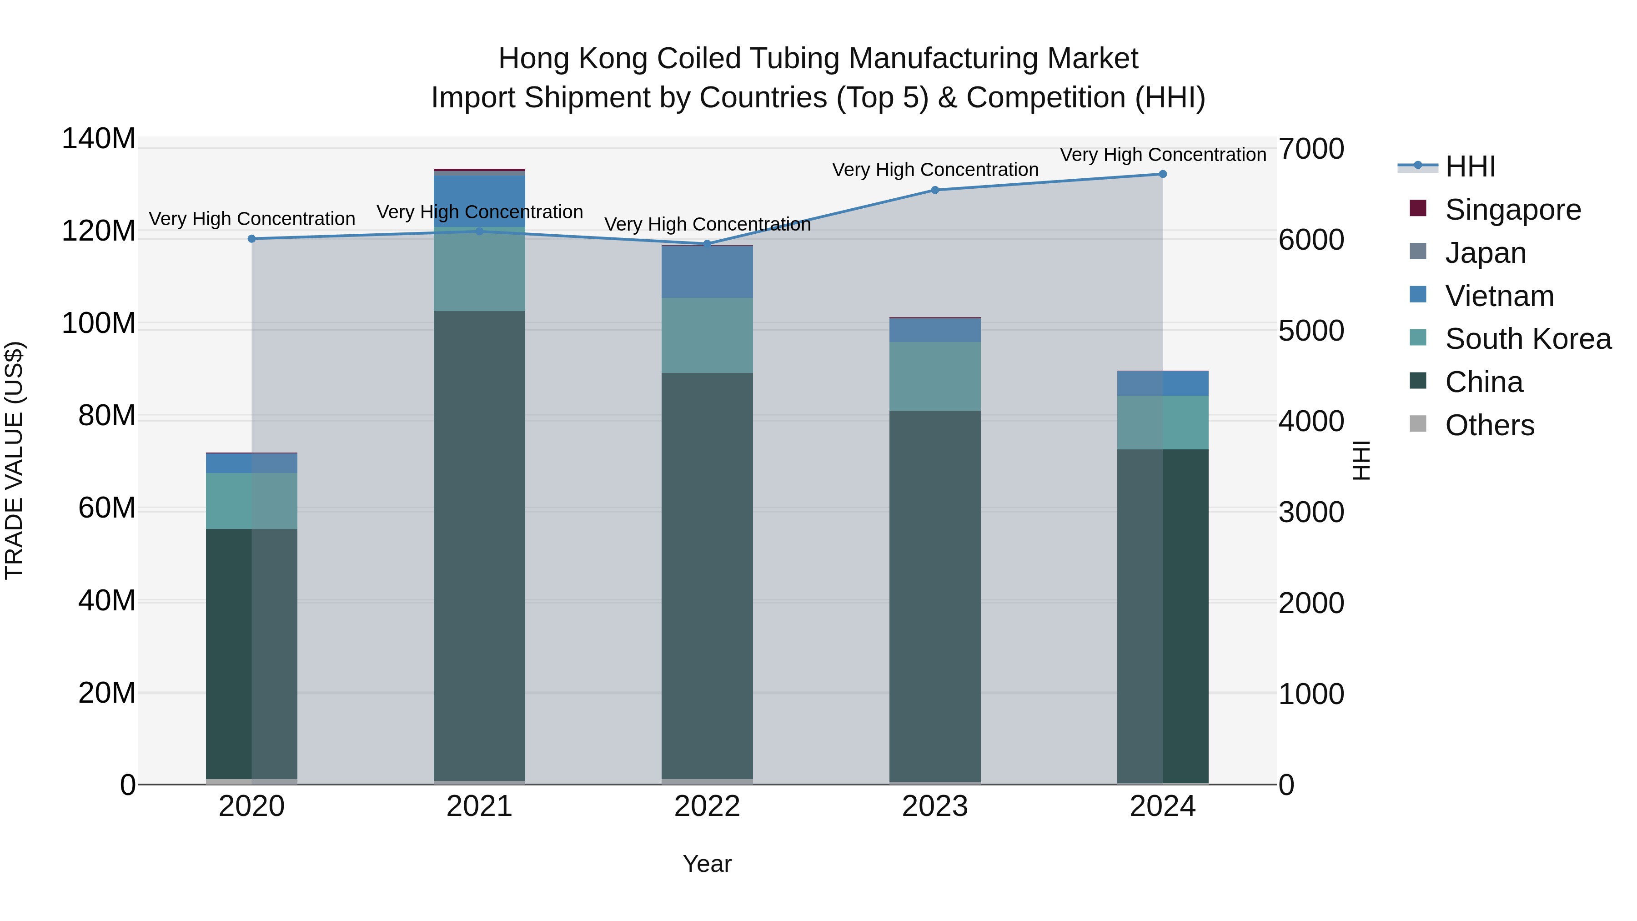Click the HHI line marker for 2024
[x=1162, y=174]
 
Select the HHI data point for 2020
[x=251, y=239]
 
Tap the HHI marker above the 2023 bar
[x=935, y=190]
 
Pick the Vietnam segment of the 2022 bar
[x=707, y=272]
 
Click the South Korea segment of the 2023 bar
[x=935, y=376]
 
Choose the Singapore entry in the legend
[x=1512, y=210]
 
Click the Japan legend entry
[x=1485, y=253]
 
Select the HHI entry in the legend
[x=1470, y=166]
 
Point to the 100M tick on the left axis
[x=99, y=323]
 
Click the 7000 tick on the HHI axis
[x=1311, y=149]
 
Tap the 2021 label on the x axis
[x=479, y=806]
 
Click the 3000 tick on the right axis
[x=1311, y=512]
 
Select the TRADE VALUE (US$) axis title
[x=14, y=460]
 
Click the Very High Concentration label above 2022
[x=707, y=224]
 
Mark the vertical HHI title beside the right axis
[x=1361, y=460]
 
